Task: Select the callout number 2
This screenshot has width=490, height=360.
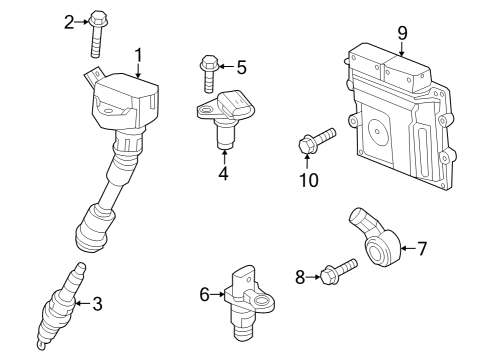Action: pyautogui.click(x=69, y=20)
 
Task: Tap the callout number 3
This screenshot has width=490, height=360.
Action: pyautogui.click(x=97, y=304)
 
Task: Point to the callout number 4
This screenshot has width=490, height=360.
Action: pyautogui.click(x=224, y=174)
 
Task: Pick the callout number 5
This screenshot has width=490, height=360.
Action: pyautogui.click(x=240, y=67)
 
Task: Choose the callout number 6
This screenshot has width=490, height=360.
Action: pyautogui.click(x=204, y=294)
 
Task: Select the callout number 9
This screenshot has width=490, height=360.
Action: pyautogui.click(x=402, y=33)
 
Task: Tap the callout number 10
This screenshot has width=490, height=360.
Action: pyautogui.click(x=307, y=179)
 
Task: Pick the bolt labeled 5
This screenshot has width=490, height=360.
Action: pyautogui.click(x=209, y=73)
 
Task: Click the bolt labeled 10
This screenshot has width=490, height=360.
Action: pyautogui.click(x=315, y=141)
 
